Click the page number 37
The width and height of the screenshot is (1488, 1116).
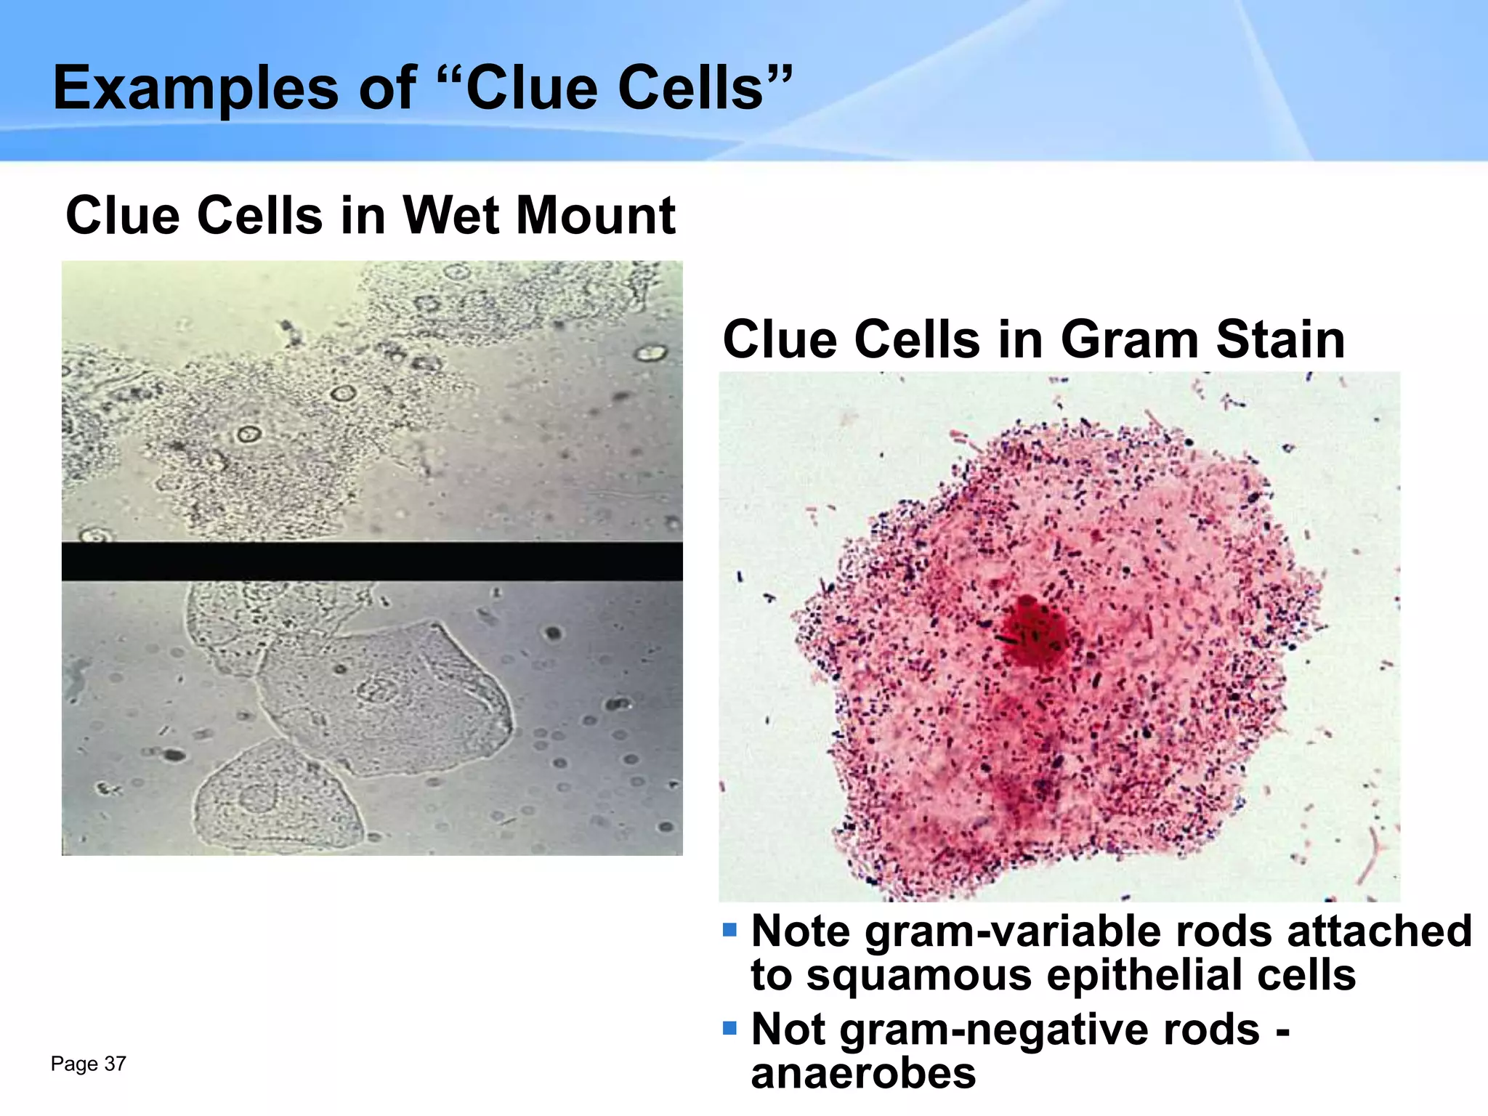click(x=116, y=1064)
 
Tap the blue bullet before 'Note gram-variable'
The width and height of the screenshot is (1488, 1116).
click(x=729, y=930)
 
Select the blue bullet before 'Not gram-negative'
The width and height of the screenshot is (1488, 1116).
click(x=729, y=1028)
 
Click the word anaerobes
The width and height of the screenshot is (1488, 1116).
click(x=863, y=1073)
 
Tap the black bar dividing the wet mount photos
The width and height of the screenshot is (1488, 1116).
click(x=372, y=561)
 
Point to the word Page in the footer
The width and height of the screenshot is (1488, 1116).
click(x=74, y=1064)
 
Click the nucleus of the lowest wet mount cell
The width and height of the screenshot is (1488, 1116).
click(x=256, y=798)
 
